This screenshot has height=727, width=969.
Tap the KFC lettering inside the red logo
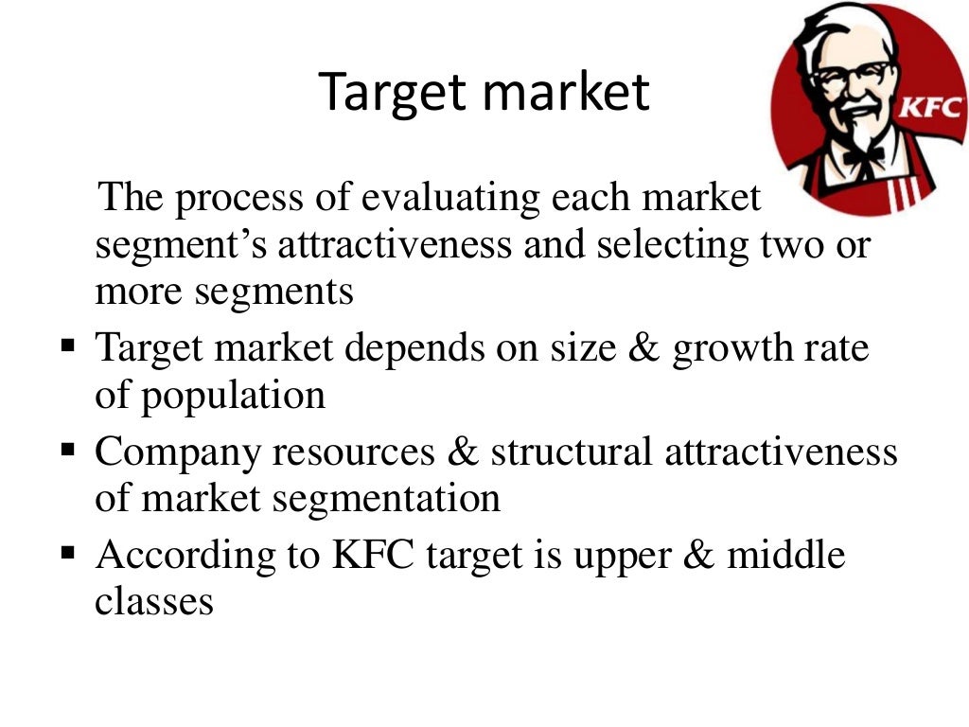931,107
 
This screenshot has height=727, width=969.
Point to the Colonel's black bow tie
863,154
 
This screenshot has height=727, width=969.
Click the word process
235,198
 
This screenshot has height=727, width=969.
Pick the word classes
154,601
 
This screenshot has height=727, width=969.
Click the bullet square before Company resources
68,446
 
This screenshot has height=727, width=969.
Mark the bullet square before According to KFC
68,550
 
